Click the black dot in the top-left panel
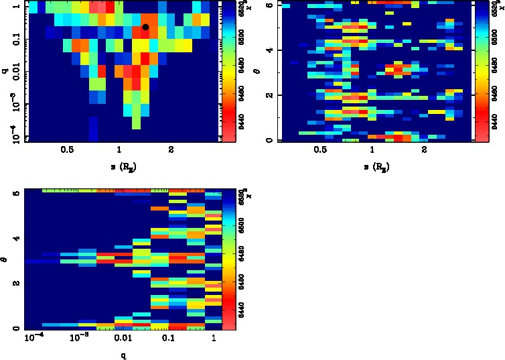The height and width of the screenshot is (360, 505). point(145,27)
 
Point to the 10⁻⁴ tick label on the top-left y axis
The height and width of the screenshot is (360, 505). point(13,130)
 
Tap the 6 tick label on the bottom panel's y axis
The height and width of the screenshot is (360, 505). point(15,192)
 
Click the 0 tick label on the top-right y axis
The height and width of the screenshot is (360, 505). point(269,140)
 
